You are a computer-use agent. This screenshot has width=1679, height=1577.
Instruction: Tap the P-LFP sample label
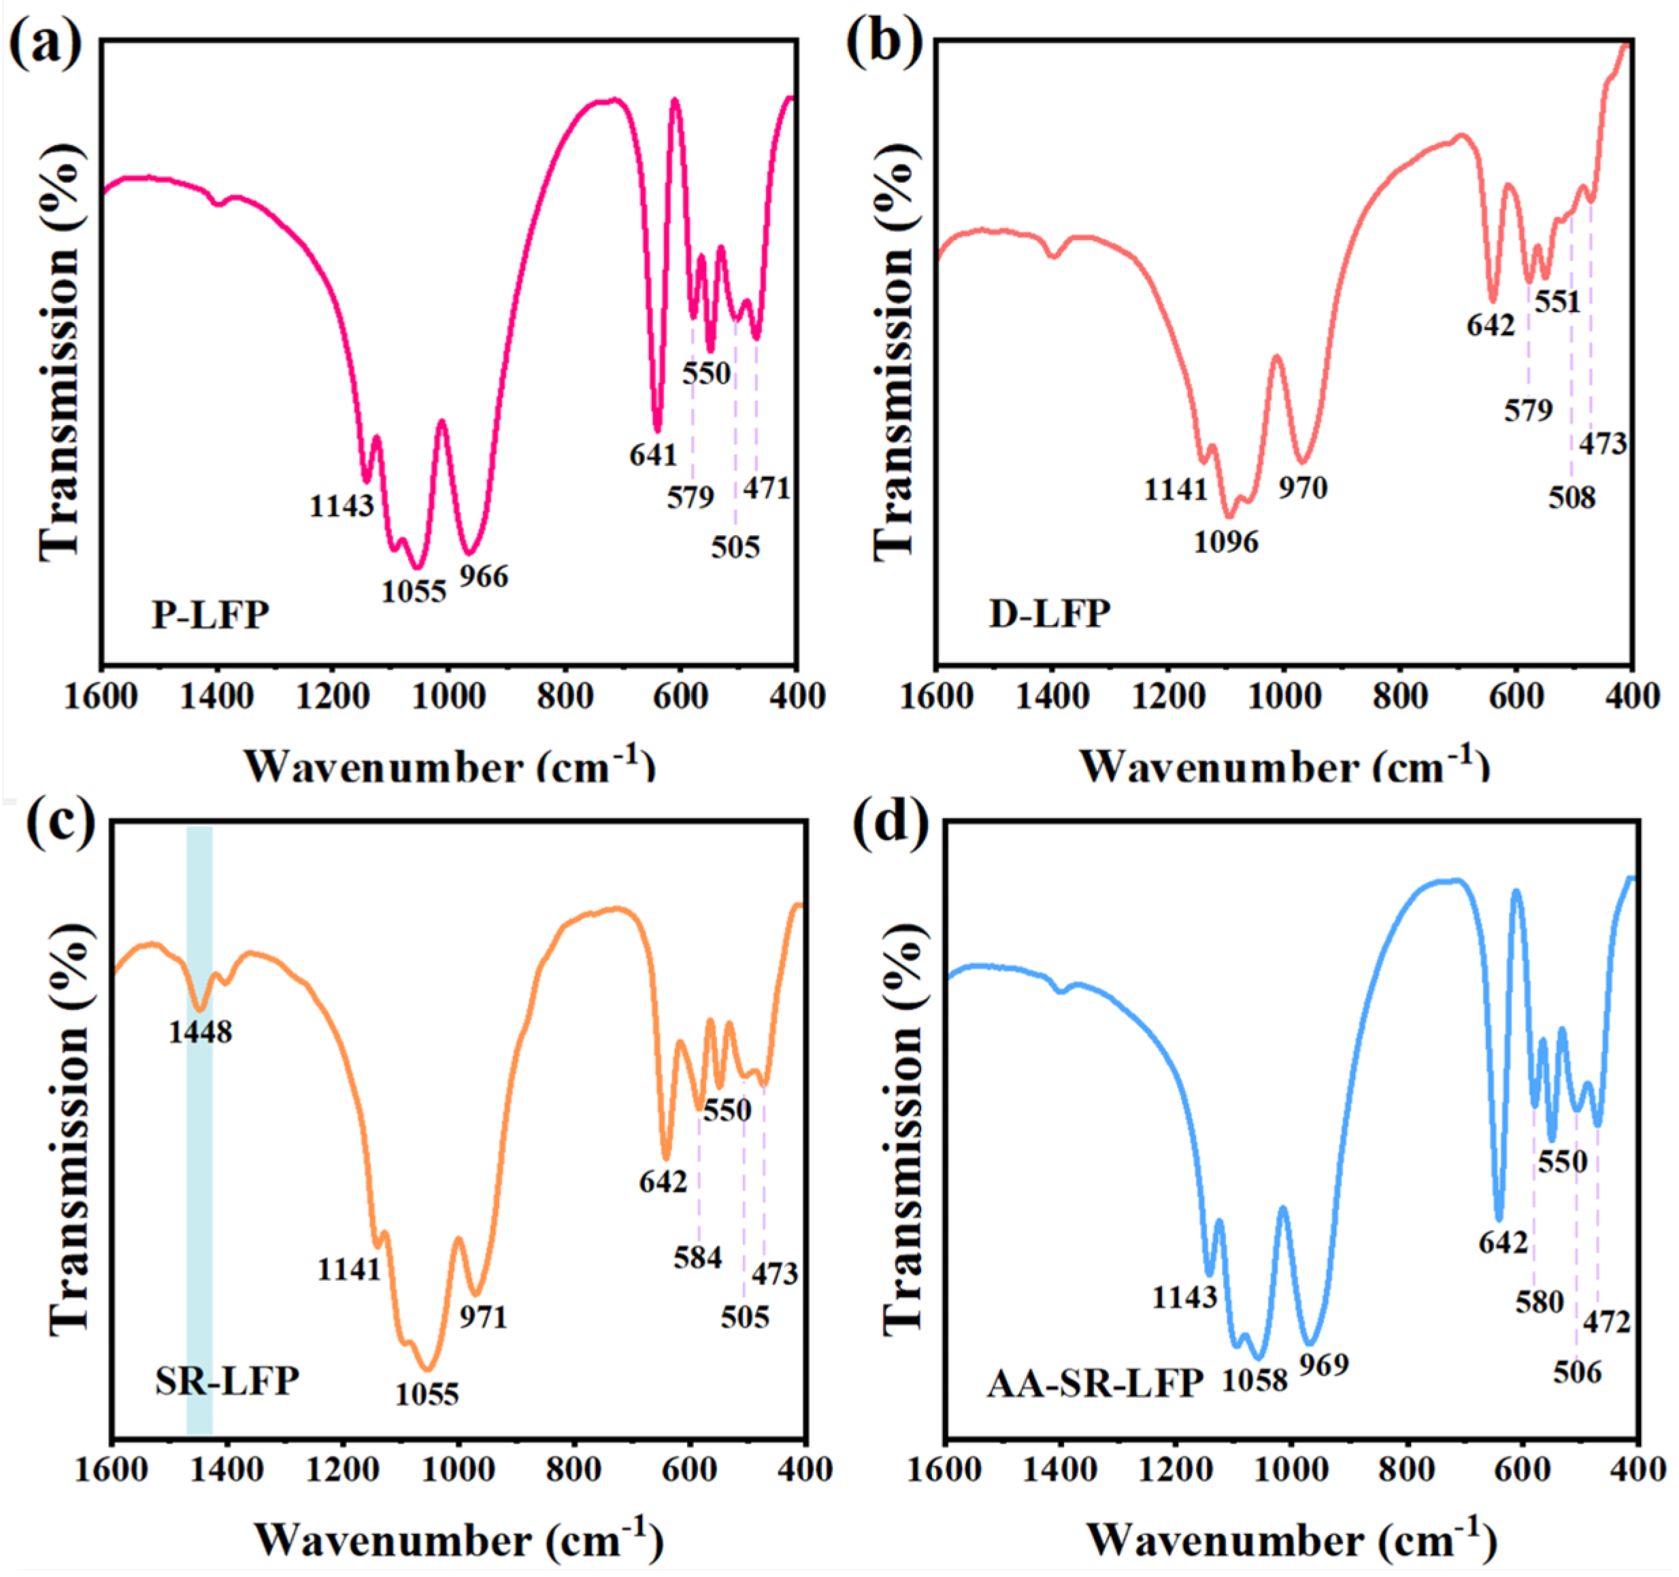point(210,615)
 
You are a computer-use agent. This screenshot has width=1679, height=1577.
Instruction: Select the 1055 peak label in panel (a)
point(413,591)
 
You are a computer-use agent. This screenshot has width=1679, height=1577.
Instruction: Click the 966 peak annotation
point(484,577)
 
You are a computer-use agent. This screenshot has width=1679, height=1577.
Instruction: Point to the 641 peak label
point(653,455)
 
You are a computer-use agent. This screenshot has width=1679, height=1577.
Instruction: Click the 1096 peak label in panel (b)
point(1225,541)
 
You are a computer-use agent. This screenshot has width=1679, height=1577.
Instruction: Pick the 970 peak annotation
point(1302,487)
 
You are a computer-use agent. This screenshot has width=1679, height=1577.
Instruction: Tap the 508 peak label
point(1572,497)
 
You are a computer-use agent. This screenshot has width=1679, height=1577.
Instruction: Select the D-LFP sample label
point(1049,614)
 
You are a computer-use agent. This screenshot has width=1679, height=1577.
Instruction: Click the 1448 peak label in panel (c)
point(200,1032)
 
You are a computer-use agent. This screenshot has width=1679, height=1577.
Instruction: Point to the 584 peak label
point(697,1257)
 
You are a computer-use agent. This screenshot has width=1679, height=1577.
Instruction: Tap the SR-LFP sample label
point(227,1382)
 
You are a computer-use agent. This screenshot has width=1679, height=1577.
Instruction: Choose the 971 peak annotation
point(483,1316)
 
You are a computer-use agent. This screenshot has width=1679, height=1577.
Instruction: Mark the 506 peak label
point(1577,1372)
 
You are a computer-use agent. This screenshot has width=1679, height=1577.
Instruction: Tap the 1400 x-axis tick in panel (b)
point(1052,697)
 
